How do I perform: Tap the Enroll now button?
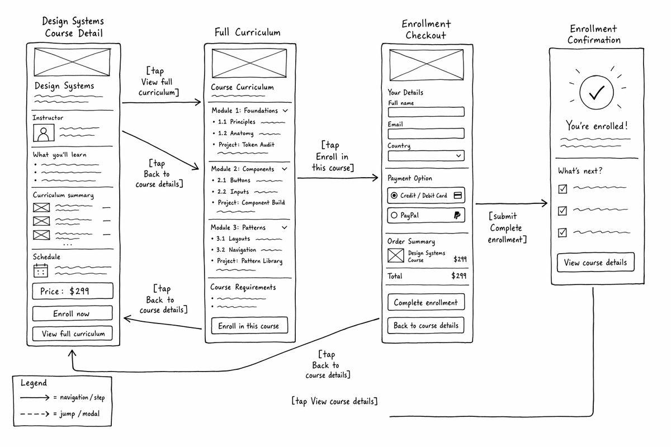tap(73, 313)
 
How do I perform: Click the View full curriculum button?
tap(73, 333)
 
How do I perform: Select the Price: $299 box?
tap(73, 291)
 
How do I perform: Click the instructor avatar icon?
tap(44, 132)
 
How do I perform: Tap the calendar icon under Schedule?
tap(41, 270)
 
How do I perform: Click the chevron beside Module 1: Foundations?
tap(285, 111)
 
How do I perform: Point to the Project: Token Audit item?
tap(246, 145)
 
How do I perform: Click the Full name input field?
tap(426, 112)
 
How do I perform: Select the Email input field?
tap(426, 133)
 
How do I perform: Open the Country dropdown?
tap(426, 156)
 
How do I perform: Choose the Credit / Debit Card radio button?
tap(394, 195)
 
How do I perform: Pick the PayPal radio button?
tap(394, 215)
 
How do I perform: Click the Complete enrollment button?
tap(426, 302)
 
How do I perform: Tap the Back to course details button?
tap(426, 325)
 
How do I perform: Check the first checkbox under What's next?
tap(563, 189)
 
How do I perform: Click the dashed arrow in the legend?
tap(35, 414)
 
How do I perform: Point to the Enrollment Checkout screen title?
tap(426, 30)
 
